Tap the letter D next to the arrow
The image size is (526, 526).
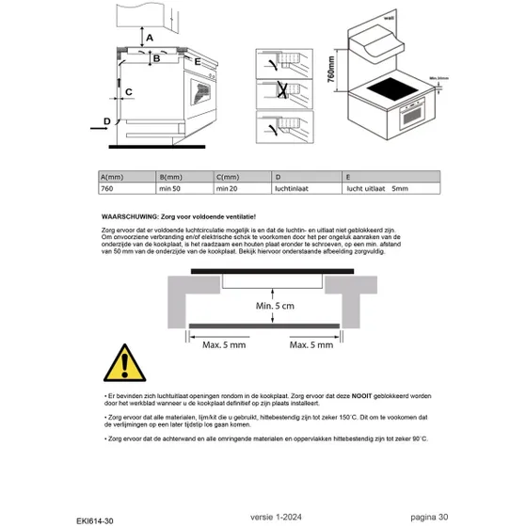click(x=106, y=120)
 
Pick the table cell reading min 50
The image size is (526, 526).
click(x=171, y=189)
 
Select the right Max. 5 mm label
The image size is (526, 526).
click(x=311, y=345)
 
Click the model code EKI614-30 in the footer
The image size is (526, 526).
click(x=97, y=517)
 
